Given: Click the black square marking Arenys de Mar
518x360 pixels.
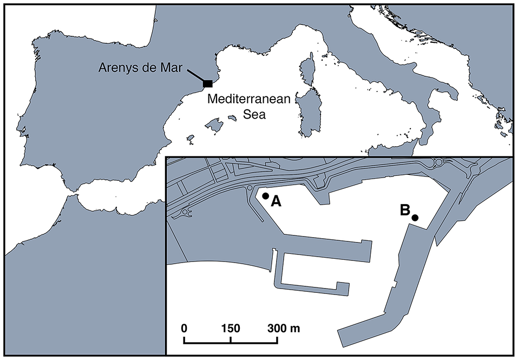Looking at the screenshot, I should tap(207, 83).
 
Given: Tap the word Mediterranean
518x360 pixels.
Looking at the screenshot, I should tap(250, 100).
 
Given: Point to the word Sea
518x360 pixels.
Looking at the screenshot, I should tap(250, 115).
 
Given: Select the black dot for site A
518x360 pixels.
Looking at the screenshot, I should tap(265, 196).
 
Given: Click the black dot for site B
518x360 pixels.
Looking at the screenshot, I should tap(415, 218).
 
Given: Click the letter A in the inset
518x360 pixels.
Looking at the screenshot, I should tap(276, 201).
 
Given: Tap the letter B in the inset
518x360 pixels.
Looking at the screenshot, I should tap(404, 210).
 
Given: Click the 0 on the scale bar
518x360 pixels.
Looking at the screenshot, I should tap(184, 329).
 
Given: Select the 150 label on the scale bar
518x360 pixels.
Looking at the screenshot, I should tap(231, 329).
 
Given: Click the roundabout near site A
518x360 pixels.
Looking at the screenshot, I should tap(250, 188).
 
